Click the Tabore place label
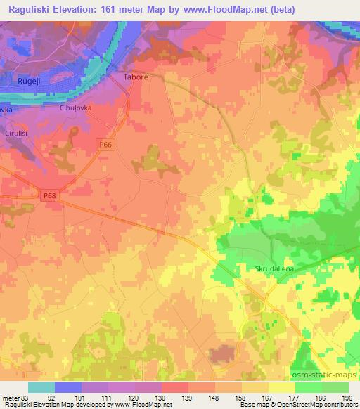[136, 78]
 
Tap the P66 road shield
[105, 143]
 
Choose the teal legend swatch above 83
[41, 387]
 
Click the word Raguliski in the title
[31, 9]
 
